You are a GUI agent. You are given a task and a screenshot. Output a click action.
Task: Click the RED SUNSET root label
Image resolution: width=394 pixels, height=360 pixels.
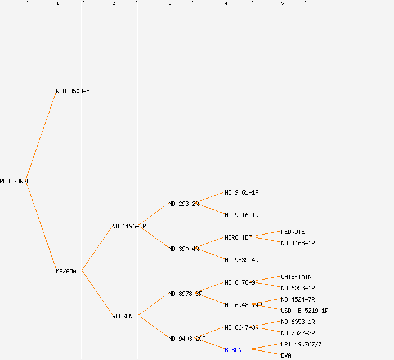pyautogui.click(x=16, y=181)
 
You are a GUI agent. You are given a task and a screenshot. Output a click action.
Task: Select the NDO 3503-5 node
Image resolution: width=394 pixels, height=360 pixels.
pyautogui.click(x=73, y=91)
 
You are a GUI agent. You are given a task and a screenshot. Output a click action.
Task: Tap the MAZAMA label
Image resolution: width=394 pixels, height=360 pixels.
pyautogui.click(x=66, y=271)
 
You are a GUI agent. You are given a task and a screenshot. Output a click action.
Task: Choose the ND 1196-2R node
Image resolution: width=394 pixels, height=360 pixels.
pyautogui.click(x=129, y=226)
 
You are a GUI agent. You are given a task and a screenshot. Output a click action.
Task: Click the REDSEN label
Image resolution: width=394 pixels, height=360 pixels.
pyautogui.click(x=122, y=316)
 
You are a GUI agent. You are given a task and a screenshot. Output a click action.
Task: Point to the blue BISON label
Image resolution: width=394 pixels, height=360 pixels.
pyautogui.click(x=233, y=350)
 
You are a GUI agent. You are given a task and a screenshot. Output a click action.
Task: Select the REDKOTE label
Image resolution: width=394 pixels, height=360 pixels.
pyautogui.click(x=293, y=232)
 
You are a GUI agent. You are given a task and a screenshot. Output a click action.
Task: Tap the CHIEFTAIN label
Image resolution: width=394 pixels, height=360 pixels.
pyautogui.click(x=296, y=277)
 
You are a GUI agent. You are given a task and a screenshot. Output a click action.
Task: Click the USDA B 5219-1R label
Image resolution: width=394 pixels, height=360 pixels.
pyautogui.click(x=305, y=310)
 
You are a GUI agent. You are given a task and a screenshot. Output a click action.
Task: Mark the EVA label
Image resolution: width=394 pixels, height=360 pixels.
pyautogui.click(x=286, y=355)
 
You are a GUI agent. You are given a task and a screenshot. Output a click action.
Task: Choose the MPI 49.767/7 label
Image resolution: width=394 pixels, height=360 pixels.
pyautogui.click(x=301, y=344)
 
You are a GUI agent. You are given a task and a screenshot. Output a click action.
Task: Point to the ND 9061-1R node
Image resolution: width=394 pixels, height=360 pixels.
pyautogui.click(x=241, y=192)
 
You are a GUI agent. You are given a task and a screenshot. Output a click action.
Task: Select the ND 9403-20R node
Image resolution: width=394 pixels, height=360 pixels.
pyautogui.click(x=187, y=339)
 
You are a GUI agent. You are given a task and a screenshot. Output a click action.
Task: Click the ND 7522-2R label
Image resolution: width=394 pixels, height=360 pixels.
pyautogui.click(x=298, y=333)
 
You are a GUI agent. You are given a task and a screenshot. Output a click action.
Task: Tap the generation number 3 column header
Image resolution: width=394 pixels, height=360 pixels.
pyautogui.click(x=169, y=4)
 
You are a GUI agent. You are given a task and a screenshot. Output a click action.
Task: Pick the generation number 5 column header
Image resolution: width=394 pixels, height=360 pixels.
pyautogui.click(x=282, y=4)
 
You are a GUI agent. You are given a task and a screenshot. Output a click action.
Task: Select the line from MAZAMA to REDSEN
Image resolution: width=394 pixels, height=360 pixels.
pyautogui.click(x=97, y=293)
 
